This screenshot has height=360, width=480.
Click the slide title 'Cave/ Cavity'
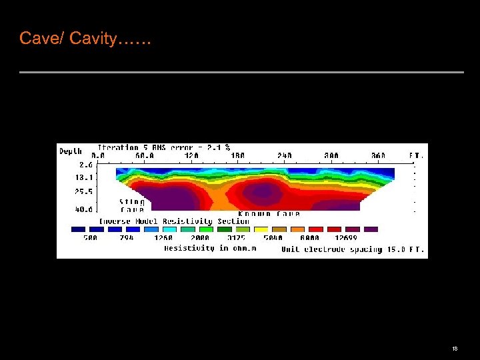85,39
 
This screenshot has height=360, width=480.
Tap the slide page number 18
454,349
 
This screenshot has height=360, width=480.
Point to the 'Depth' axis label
71,151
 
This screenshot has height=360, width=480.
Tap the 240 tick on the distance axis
285,156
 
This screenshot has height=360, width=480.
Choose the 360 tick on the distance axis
377,156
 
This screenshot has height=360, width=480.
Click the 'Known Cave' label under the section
269,215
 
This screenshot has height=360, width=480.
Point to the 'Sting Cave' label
131,205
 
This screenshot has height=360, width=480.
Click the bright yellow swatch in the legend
261,229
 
